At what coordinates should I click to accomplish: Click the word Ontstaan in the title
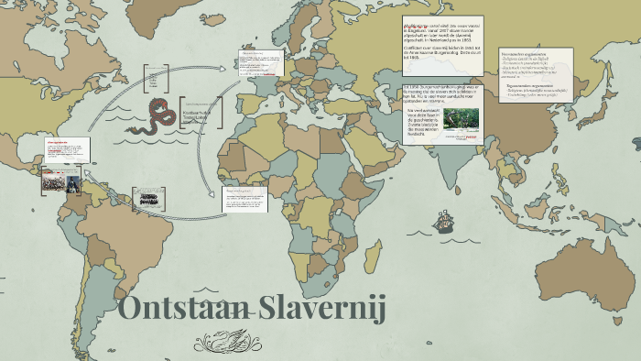(179, 308)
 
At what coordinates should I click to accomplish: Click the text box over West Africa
(245, 199)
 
